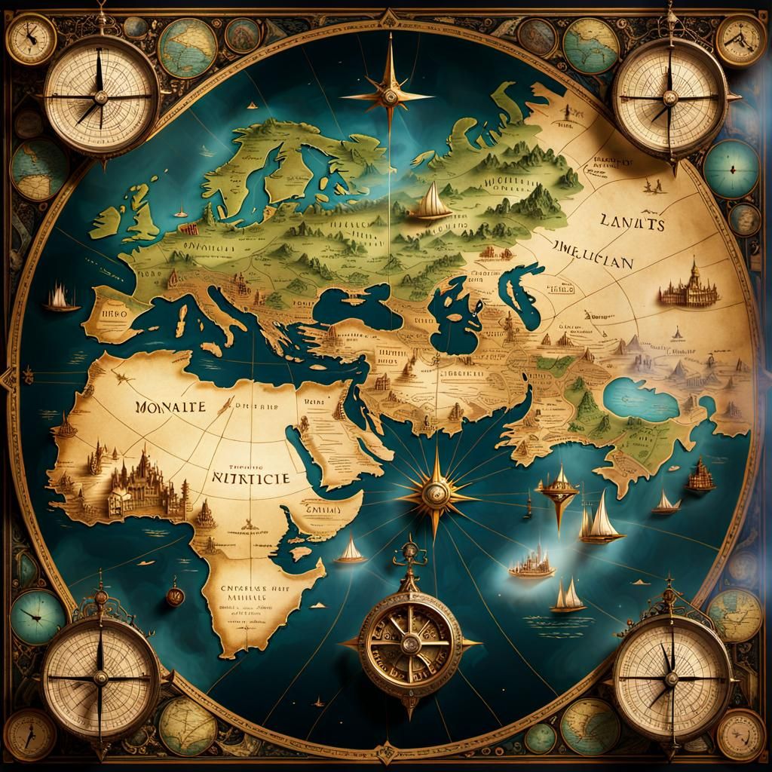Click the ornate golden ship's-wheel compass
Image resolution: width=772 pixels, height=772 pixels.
(410, 642)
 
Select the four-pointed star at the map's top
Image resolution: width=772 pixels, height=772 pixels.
(390, 95)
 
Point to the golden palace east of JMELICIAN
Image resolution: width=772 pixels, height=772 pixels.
(688, 286)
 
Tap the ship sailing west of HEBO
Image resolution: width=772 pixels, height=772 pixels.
(60, 299)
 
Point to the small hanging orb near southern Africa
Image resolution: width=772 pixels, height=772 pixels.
(174, 596)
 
